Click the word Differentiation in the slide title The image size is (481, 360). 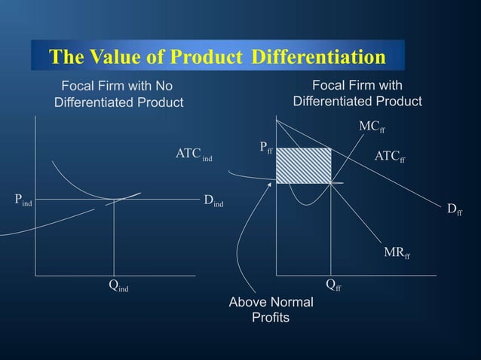pyautogui.click(x=318, y=57)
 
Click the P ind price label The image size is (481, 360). pyautogui.click(x=23, y=200)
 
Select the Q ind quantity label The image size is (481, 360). pyautogui.click(x=118, y=285)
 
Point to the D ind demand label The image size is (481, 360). pyautogui.click(x=213, y=200)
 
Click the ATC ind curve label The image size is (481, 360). pyautogui.click(x=193, y=154)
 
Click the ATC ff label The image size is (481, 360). pyautogui.click(x=390, y=157)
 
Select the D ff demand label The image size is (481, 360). pyautogui.click(x=454, y=210)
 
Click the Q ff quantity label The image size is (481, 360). pyautogui.click(x=332, y=284)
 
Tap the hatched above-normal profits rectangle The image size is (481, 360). pyautogui.click(x=303, y=166)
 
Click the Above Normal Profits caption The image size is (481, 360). pyautogui.click(x=271, y=310)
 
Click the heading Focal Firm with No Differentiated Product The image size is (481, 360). pyautogui.click(x=118, y=93)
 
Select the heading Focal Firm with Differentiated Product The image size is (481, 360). pyautogui.click(x=357, y=93)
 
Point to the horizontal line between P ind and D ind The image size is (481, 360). pyautogui.click(x=75, y=200)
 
